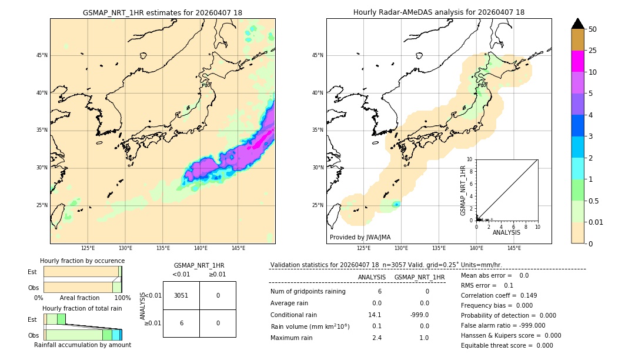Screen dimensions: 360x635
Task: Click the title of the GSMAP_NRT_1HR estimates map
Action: click(162, 12)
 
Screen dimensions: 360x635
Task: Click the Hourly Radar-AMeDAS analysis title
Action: click(439, 12)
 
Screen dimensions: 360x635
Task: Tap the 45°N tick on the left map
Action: click(42, 55)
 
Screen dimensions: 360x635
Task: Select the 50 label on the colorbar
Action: click(593, 29)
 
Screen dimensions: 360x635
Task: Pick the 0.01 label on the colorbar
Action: click(596, 222)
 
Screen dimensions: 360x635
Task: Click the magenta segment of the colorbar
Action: click(577, 61)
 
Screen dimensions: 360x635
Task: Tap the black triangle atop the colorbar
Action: click(577, 24)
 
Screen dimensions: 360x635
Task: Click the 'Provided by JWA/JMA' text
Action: click(360, 238)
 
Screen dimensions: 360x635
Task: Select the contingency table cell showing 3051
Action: click(181, 295)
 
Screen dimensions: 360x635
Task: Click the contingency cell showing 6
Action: click(181, 323)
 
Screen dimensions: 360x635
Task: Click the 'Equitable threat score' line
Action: click(507, 345)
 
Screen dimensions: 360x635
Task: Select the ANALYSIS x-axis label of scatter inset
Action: click(506, 232)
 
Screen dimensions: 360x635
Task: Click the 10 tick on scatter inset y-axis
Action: click(470, 159)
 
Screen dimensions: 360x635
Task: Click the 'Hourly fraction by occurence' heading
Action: click(82, 261)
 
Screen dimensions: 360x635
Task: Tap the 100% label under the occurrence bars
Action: click(122, 298)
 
